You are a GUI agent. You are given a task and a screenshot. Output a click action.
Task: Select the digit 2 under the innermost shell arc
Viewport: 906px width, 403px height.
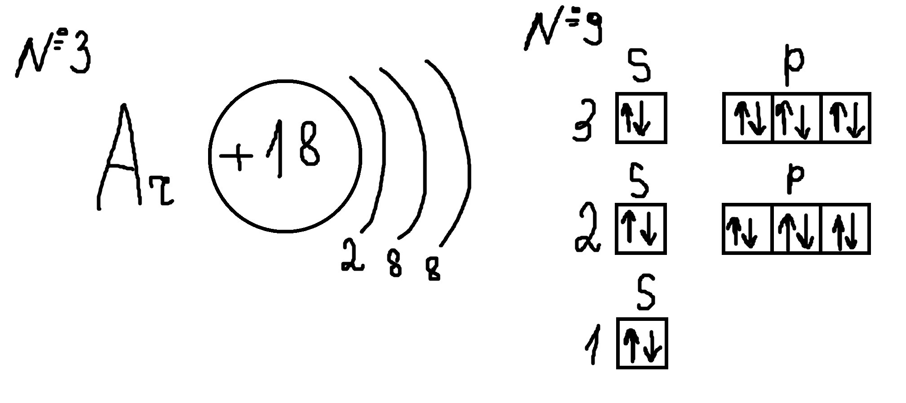352,255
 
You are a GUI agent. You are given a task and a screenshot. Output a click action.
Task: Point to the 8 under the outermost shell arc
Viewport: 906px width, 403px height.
433,268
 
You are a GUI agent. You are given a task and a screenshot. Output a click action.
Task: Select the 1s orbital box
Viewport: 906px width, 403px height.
642,343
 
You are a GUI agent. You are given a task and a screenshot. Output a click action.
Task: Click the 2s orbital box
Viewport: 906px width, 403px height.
641,229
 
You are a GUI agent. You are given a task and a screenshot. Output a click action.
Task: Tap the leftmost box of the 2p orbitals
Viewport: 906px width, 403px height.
747,229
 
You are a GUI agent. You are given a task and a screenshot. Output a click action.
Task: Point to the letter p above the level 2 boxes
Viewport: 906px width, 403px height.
795,177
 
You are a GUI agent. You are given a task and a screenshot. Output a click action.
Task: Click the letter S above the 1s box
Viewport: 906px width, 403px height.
646,293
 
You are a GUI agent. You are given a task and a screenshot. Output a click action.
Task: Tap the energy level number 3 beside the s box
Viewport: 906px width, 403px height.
585,121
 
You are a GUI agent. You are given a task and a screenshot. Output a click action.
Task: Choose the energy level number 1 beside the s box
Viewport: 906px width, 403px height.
594,345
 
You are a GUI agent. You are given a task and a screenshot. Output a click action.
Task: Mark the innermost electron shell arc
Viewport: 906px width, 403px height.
383,153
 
